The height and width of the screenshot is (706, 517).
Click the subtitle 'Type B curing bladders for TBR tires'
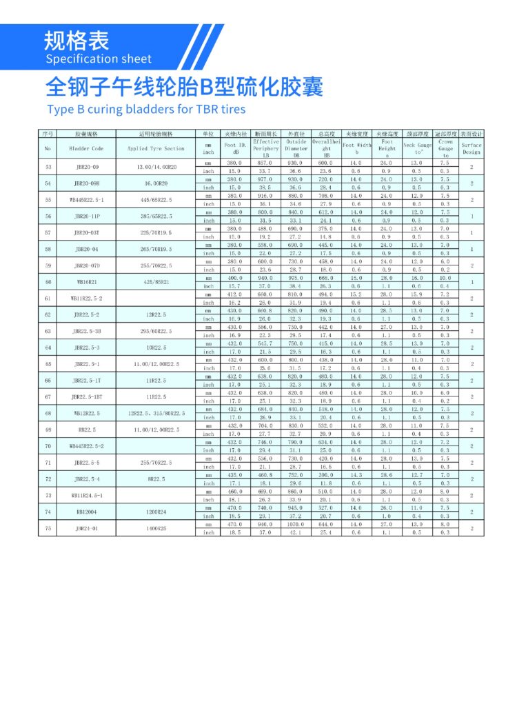point(145,109)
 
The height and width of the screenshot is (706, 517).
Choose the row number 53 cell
point(48,167)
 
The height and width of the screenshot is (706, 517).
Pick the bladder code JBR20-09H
point(86,183)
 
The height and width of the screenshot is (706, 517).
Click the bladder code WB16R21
point(86,282)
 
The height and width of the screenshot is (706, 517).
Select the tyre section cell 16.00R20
point(156,183)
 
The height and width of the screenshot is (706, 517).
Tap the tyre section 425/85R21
point(156,282)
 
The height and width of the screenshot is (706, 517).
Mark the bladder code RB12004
point(86,512)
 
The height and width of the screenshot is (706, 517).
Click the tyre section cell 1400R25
point(156,529)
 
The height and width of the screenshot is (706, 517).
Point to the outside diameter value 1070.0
point(296,525)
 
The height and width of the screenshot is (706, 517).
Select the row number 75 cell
point(48,529)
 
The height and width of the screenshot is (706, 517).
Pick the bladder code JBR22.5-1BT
point(86,397)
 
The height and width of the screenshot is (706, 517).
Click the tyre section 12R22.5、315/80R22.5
point(156,414)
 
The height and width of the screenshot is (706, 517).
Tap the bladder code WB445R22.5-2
point(86,446)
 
